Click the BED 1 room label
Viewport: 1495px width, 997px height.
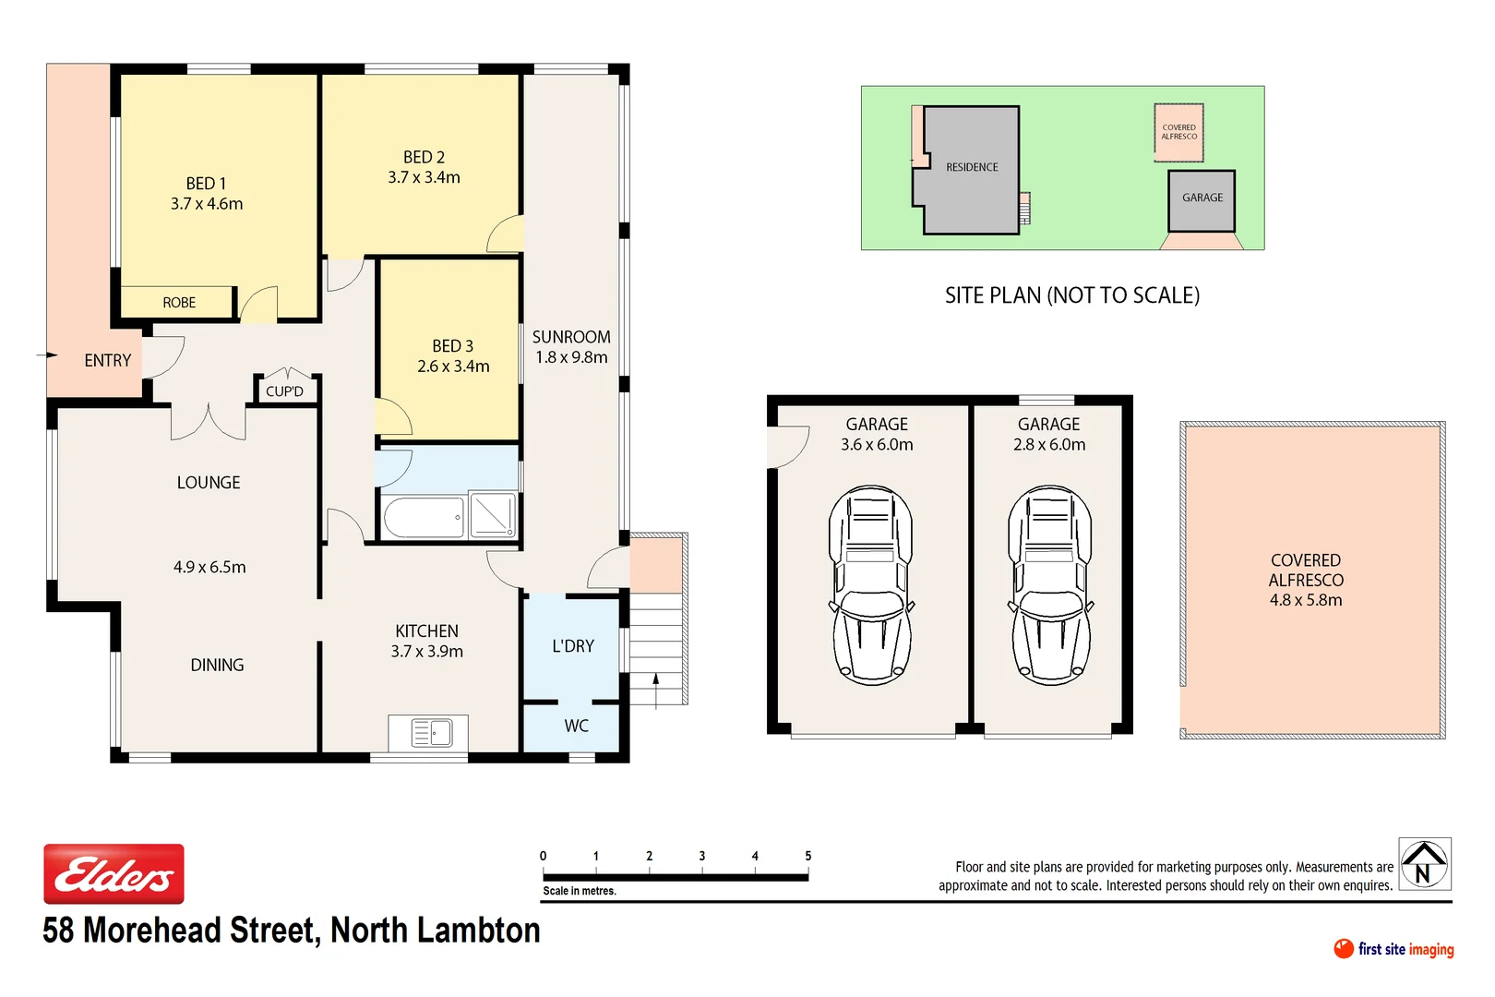coord(206,184)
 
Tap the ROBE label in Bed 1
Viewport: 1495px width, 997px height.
coord(179,303)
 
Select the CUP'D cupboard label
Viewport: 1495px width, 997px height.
coord(284,391)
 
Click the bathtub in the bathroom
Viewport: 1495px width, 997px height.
coord(424,518)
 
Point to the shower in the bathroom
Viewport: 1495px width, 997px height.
coord(493,515)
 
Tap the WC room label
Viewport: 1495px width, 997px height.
coord(576,727)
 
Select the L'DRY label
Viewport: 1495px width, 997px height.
coord(573,646)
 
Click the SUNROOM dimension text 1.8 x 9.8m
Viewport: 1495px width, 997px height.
coord(571,357)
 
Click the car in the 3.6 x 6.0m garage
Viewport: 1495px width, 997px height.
coord(871,584)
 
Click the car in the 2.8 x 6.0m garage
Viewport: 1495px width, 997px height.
coord(1050,584)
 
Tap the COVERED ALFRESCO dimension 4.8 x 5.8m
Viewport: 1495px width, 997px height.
coord(1306,600)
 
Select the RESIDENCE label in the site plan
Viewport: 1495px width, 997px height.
coord(972,167)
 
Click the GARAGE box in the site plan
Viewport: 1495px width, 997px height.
coord(1202,199)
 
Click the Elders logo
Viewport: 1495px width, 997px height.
coord(114,873)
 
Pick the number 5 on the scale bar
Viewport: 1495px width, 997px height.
coord(807,856)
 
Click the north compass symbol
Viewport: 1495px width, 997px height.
coord(1424,864)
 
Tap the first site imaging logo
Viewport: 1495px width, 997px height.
coord(1393,949)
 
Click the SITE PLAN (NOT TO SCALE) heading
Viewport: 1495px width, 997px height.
coord(1071,295)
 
